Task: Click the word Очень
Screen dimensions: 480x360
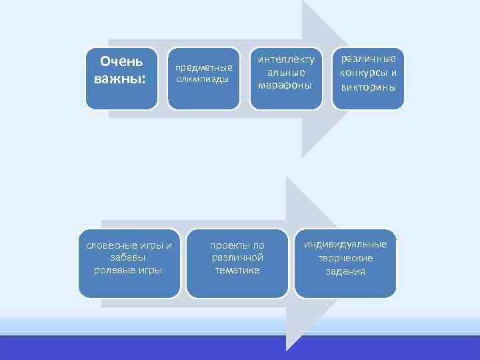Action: click(121, 62)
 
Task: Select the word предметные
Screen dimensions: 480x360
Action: click(203, 67)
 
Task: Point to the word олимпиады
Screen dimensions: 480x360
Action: click(202, 79)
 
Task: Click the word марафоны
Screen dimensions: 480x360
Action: click(285, 85)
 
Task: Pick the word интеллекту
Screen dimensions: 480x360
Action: click(286, 60)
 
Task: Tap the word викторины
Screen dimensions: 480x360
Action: click(368, 87)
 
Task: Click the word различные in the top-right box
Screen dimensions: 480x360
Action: click(368, 59)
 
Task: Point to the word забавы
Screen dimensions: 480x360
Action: click(129, 257)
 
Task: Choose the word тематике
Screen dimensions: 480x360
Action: click(237, 269)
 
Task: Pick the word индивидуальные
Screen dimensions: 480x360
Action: click(345, 244)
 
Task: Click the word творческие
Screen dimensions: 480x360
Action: click(345, 257)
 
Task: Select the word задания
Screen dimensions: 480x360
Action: click(345, 271)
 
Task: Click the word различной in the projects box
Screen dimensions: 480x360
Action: click(237, 257)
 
